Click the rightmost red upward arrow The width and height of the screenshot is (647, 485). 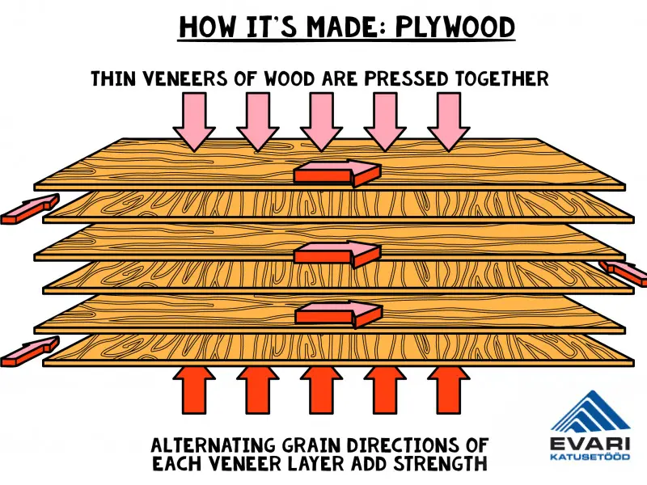click(x=447, y=390)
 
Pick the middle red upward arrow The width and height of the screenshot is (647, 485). click(x=321, y=390)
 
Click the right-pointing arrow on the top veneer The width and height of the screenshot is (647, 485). click(x=337, y=171)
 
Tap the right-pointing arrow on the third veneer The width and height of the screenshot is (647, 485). click(x=337, y=255)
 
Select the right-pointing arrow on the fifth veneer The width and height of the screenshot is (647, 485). click(x=337, y=313)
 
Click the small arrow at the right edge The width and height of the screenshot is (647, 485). click(x=624, y=273)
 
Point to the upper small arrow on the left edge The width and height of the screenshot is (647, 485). click(x=30, y=208)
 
